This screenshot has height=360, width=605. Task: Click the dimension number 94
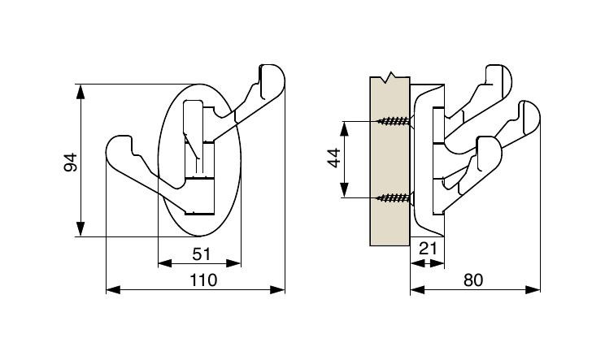click(71, 163)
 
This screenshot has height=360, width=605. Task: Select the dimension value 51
click(202, 254)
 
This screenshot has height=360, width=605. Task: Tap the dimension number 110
click(203, 280)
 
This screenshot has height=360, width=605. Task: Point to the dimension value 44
click(334, 158)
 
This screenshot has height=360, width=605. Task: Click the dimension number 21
click(428, 249)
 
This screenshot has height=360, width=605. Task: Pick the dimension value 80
click(473, 280)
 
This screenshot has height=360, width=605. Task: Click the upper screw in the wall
click(394, 121)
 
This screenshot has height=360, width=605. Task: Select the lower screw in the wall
click(394, 197)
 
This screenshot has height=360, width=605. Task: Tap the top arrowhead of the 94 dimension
click(81, 92)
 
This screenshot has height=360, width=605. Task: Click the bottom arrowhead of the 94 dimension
click(81, 229)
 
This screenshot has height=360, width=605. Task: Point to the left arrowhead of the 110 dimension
click(113, 289)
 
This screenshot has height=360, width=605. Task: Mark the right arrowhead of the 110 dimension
click(277, 289)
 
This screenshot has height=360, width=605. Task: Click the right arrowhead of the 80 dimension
click(533, 289)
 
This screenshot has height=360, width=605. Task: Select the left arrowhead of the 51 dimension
click(165, 263)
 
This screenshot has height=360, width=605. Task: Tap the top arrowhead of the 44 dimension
click(345, 128)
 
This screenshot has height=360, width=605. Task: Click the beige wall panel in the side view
click(390, 161)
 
